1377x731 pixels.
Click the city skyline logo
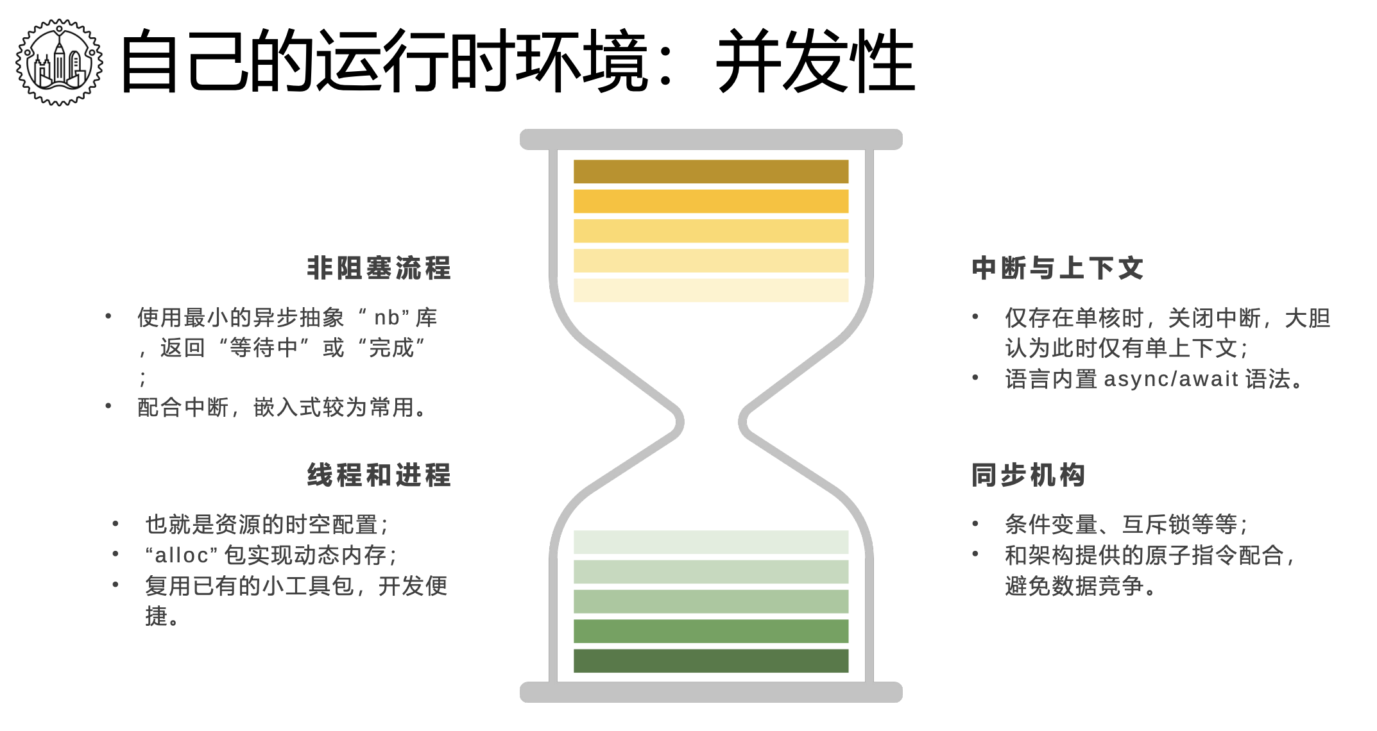pyautogui.click(x=59, y=62)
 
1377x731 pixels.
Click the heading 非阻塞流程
pyautogui.click(x=379, y=268)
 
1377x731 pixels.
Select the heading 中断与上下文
pyautogui.click(x=1057, y=268)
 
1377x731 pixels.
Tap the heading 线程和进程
pyautogui.click(x=379, y=475)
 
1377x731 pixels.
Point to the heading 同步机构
pyautogui.click(x=1028, y=475)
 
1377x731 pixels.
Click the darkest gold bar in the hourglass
pyautogui.click(x=711, y=172)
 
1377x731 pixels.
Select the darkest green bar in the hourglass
pyautogui.click(x=711, y=660)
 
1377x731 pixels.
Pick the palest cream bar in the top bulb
pyautogui.click(x=711, y=290)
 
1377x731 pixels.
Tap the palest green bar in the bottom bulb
pyautogui.click(x=711, y=542)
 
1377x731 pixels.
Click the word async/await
pyautogui.click(x=1171, y=379)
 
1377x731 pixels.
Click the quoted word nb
pyautogui.click(x=387, y=317)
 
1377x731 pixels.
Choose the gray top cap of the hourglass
pyautogui.click(x=711, y=139)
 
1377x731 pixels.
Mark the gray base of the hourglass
pyautogui.click(x=711, y=692)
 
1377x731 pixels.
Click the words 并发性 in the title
pyautogui.click(x=815, y=62)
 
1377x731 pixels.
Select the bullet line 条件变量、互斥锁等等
pyautogui.click(x=1126, y=525)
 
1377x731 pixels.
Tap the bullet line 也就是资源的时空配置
pyautogui.click(x=266, y=525)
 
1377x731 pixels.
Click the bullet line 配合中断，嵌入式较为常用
pyautogui.click(x=282, y=407)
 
